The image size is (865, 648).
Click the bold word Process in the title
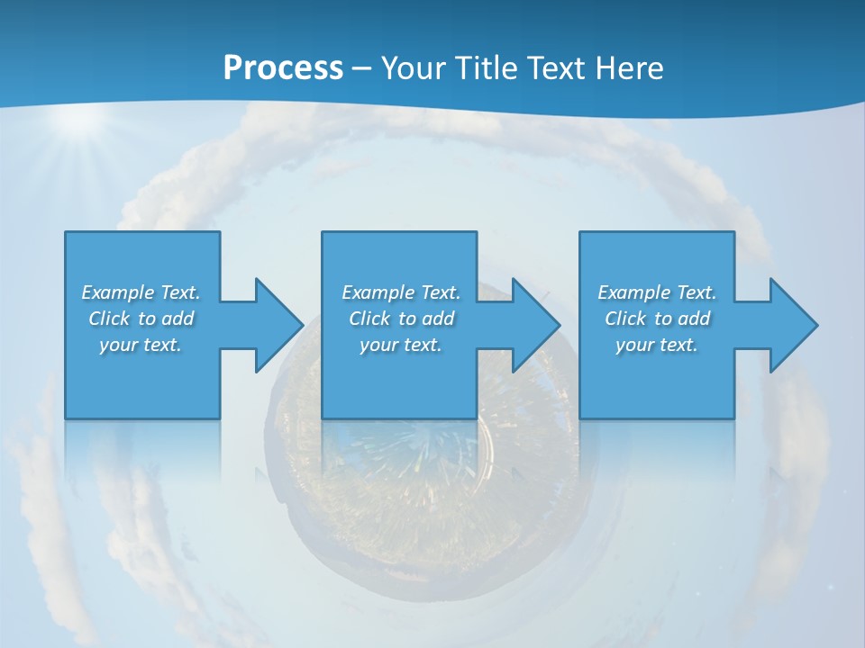pyautogui.click(x=283, y=68)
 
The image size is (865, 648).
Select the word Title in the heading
pyautogui.click(x=488, y=68)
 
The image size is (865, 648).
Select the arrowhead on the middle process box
pyautogui.click(x=534, y=325)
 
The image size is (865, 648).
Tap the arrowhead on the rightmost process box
pyautogui.click(x=792, y=325)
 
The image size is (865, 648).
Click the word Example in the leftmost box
pyautogui.click(x=118, y=292)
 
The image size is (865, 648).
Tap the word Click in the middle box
pyautogui.click(x=369, y=319)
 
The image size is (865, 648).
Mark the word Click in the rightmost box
pyautogui.click(x=625, y=319)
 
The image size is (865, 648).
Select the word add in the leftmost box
pyautogui.click(x=178, y=319)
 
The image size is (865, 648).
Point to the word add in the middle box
pyautogui.click(x=438, y=319)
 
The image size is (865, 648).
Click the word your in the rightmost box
pyautogui.click(x=634, y=345)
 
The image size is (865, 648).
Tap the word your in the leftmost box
pyautogui.click(x=118, y=345)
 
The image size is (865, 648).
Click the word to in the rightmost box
pyautogui.click(x=663, y=319)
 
